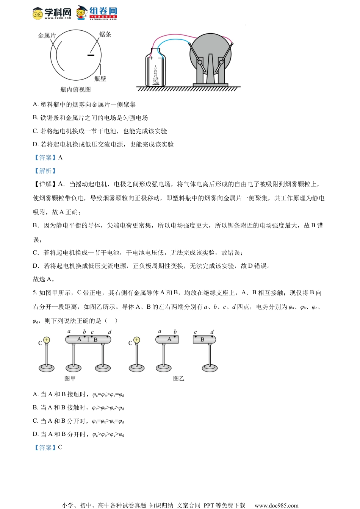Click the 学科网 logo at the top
click(52, 13)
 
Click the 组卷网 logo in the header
click(97, 12)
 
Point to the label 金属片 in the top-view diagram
click(47, 36)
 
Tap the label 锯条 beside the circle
click(105, 34)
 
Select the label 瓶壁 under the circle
click(100, 79)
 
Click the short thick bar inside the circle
click(91, 55)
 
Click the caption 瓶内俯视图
click(75, 89)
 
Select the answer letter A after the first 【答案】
click(60, 158)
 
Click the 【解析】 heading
click(45, 171)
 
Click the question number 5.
click(34, 293)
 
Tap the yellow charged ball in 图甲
click(47, 340)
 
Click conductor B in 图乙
click(204, 339)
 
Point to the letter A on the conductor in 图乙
click(169, 339)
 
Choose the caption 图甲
click(70, 378)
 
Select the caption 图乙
click(178, 378)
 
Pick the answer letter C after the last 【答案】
click(60, 447)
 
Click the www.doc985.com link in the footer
click(276, 505)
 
